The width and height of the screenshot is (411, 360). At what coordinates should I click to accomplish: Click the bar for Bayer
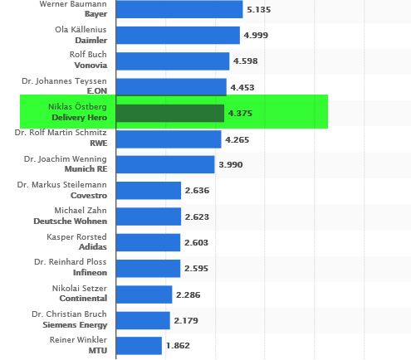[179, 10]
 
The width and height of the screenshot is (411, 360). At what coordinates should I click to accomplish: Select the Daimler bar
[177, 36]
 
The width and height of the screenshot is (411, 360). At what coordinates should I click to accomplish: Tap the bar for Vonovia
[172, 61]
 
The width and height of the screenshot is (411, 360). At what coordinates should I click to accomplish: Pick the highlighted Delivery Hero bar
[169, 114]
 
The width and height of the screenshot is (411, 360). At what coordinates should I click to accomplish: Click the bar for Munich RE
[164, 165]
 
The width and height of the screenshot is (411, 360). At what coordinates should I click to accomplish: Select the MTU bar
[139, 345]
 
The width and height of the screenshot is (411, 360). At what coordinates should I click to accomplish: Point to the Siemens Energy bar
[143, 320]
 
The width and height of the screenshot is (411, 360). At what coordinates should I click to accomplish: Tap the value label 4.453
[244, 88]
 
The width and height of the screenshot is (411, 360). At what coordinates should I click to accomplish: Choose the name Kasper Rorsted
[77, 236]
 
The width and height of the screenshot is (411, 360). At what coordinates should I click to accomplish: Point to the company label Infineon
[87, 273]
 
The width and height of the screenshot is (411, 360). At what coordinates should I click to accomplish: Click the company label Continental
[82, 299]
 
